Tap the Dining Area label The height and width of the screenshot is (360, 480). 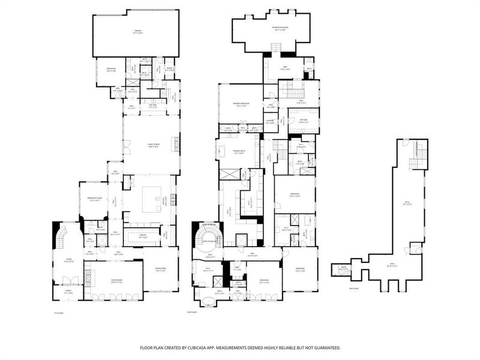[161, 270]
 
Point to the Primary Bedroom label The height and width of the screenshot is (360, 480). [241, 104]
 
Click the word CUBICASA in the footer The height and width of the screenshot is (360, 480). [195, 347]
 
